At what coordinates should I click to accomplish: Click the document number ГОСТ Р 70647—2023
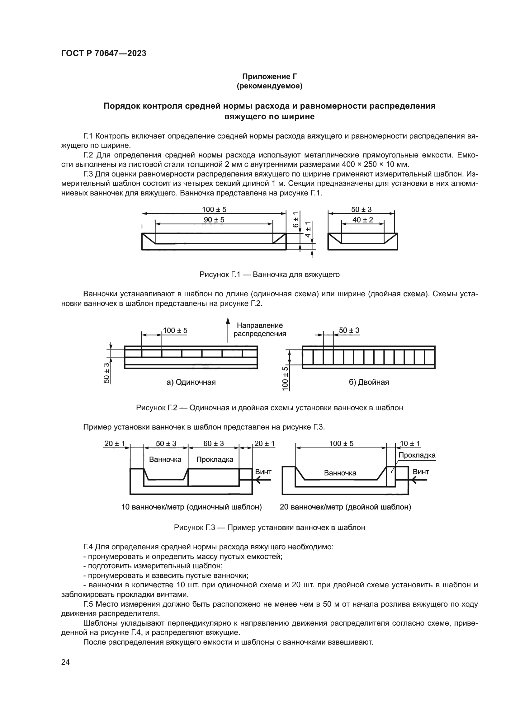coord(104,53)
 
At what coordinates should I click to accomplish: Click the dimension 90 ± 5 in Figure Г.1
coord(214,220)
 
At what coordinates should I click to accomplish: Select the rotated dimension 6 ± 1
coord(295,219)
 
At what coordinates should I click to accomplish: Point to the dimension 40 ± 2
coord(362,220)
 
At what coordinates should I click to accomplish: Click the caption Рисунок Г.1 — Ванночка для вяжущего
coord(270,275)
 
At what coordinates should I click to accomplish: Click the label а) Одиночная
coord(191,382)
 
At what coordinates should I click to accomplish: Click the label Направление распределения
coord(260,329)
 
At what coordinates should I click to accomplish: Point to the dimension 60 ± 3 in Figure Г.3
coord(213,444)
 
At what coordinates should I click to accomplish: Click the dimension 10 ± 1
coord(410,444)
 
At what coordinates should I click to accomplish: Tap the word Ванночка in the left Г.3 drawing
coord(165,459)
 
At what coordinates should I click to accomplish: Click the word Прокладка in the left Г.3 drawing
coord(215,459)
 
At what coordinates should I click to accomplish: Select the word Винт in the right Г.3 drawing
coord(421,472)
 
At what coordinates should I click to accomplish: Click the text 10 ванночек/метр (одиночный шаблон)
coord(191,507)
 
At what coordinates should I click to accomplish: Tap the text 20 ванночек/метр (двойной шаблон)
coord(345,507)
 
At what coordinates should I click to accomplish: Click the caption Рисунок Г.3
coord(270,528)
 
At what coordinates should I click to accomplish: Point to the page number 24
coord(65,662)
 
